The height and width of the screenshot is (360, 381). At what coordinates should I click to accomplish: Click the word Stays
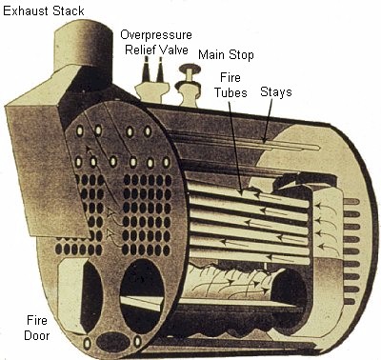275,91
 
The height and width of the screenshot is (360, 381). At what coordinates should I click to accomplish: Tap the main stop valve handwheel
189,70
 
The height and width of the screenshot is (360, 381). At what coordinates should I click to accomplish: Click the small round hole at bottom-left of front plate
88,342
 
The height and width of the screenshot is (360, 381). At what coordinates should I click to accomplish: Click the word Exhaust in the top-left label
23,10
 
